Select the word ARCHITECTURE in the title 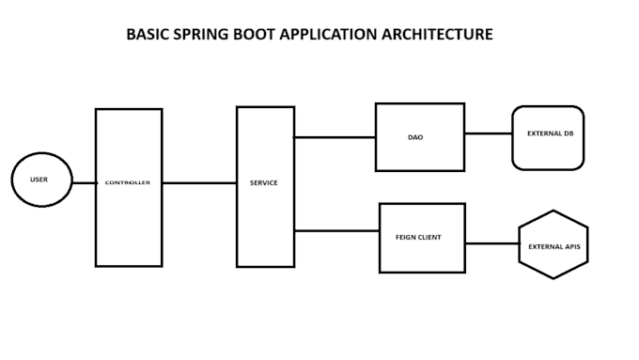tap(437, 34)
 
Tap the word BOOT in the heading tap(255, 34)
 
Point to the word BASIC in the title tap(148, 34)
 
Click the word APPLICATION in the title tap(329, 35)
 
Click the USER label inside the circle tap(39, 180)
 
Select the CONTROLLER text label tap(128, 182)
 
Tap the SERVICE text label tap(264, 183)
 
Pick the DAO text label tap(415, 137)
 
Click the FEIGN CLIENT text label tap(418, 237)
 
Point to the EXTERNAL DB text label tap(550, 133)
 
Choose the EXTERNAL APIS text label tap(554, 246)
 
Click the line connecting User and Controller tap(85, 183)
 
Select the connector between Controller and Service tap(199, 183)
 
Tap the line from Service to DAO tap(335, 137)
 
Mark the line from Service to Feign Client tap(337, 231)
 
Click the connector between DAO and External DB tap(489, 133)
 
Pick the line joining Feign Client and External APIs tap(492, 243)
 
